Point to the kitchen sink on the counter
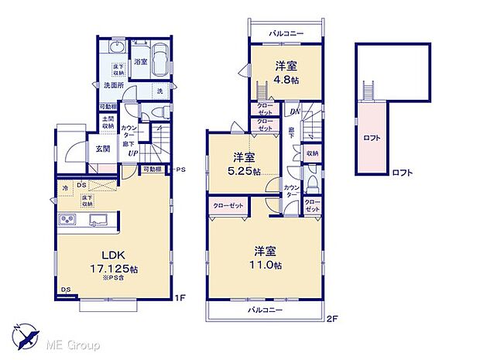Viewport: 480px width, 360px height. tap(98, 223)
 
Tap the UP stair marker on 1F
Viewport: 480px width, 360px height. tap(133, 153)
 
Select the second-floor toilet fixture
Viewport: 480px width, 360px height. tap(311, 183)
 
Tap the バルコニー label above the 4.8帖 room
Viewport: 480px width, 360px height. tap(286, 34)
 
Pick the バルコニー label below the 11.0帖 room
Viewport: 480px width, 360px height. tap(266, 310)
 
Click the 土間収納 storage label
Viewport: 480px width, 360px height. tap(108, 123)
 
